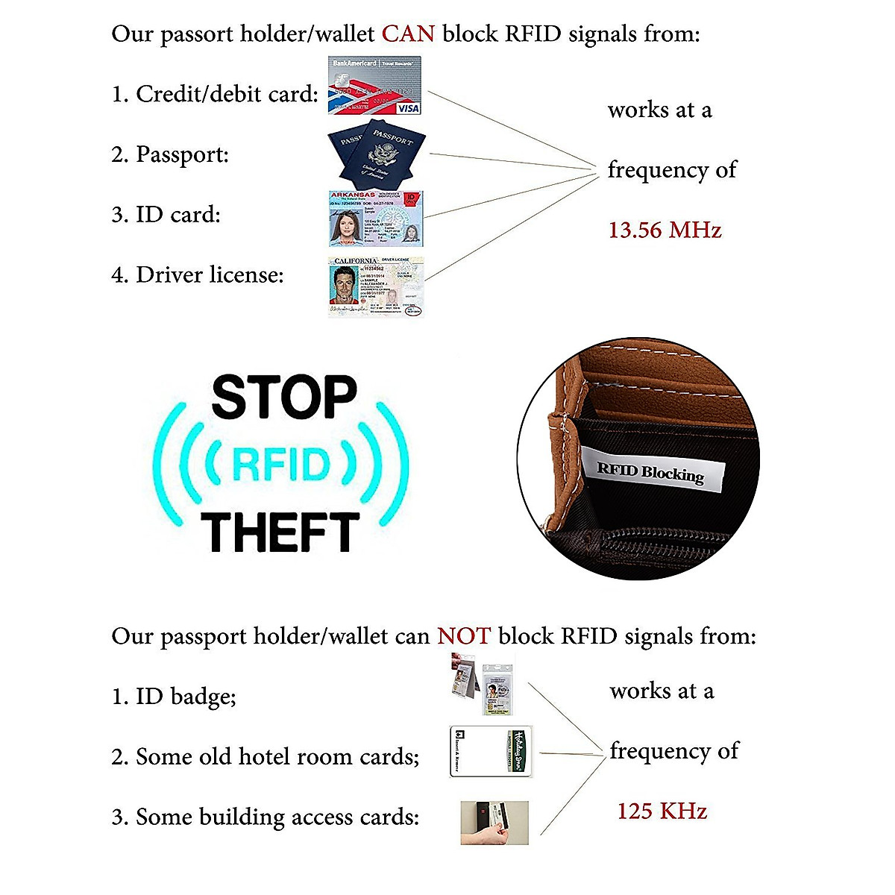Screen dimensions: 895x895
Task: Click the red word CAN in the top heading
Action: [x=408, y=34]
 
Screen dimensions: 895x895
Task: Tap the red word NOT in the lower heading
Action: [x=464, y=636]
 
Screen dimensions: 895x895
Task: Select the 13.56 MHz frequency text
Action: [x=665, y=230]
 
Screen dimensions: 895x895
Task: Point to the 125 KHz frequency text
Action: [x=662, y=811]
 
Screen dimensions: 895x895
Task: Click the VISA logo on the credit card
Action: [x=409, y=108]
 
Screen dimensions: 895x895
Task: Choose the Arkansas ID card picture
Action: [x=376, y=219]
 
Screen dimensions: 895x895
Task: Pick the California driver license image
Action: [x=376, y=286]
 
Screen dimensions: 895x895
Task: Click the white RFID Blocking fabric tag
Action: [x=651, y=471]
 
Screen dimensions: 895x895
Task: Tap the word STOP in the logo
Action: [x=284, y=398]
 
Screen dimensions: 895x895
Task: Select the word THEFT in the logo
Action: [x=280, y=532]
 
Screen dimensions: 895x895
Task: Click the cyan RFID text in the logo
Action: [x=280, y=465]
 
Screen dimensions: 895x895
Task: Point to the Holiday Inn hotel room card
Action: [x=492, y=752]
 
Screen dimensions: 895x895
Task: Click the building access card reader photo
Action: [x=494, y=823]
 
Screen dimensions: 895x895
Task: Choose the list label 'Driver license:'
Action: [x=210, y=275]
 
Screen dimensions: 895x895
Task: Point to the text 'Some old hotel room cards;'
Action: [x=277, y=757]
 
